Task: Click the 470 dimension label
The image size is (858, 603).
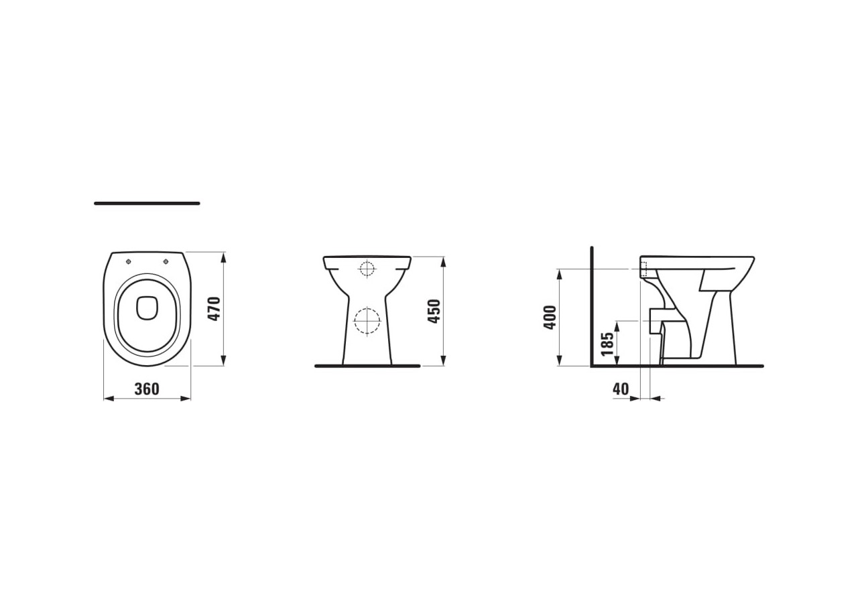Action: [214, 309]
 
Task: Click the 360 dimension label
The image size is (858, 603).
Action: [147, 389]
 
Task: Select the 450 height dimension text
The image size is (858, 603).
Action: [434, 312]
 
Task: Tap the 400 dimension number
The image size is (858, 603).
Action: [550, 317]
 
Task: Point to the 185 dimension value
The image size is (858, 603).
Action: [607, 344]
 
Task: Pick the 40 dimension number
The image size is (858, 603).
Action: [621, 389]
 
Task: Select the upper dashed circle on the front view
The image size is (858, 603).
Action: [367, 269]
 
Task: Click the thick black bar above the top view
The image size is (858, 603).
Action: [147, 203]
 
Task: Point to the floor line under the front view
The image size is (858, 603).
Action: [367, 366]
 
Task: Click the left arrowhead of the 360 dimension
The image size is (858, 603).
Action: [108, 399]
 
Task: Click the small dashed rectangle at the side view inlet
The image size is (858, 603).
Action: [643, 269]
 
